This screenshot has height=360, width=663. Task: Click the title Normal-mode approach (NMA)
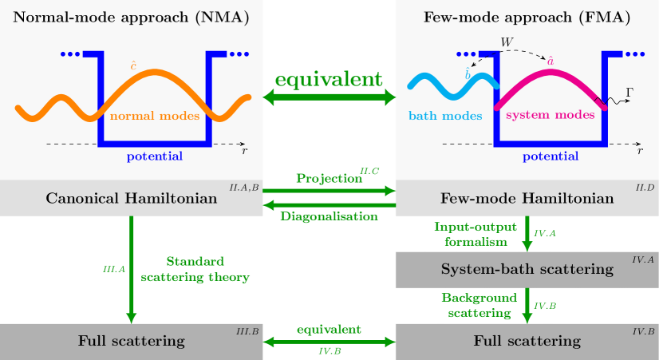[132, 18]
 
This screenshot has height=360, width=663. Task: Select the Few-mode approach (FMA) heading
[528, 18]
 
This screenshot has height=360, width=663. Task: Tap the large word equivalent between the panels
[329, 80]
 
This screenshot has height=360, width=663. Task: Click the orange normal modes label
[155, 117]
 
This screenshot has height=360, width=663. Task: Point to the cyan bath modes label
[445, 116]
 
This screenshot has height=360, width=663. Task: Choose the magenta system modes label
[551, 116]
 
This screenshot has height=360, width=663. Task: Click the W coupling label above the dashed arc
[506, 42]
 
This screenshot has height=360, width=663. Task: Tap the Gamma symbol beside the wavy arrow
[629, 92]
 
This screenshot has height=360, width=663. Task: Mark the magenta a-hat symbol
[551, 59]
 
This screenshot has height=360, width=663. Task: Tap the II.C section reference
[369, 171]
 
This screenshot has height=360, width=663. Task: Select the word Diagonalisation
[329, 216]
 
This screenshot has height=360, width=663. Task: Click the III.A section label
[114, 270]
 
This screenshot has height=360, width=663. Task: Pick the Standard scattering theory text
[195, 270]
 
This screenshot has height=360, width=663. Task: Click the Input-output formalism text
[476, 234]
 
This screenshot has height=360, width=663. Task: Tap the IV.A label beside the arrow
[545, 233]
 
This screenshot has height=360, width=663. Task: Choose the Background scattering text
[477, 305]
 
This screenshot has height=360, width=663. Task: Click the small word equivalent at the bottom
[329, 329]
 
